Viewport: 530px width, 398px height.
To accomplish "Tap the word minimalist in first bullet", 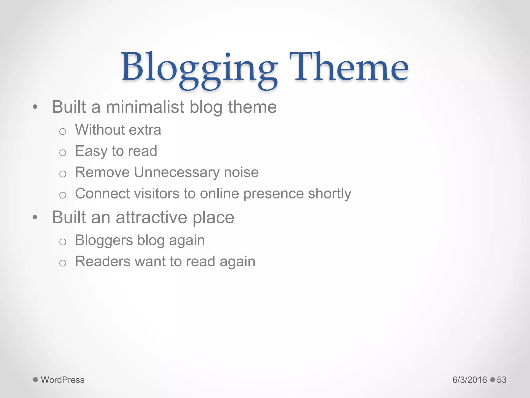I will pyautogui.click(x=145, y=107).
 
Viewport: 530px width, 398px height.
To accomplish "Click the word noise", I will pyautogui.click(x=241, y=173).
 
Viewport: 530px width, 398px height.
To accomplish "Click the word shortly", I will pyautogui.click(x=329, y=194).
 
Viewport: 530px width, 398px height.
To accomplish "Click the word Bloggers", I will pyautogui.click(x=104, y=240).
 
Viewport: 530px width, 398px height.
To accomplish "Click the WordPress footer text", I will pyautogui.click(x=63, y=380).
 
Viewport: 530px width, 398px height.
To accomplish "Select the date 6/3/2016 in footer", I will pyautogui.click(x=470, y=380).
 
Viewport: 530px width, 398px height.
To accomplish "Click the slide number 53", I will pyautogui.click(x=502, y=380).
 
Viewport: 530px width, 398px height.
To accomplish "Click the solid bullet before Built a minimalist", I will pyautogui.click(x=35, y=107).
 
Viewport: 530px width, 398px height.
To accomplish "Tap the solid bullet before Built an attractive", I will pyautogui.click(x=35, y=217).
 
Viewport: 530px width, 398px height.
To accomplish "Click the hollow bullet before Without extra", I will pyautogui.click(x=63, y=132).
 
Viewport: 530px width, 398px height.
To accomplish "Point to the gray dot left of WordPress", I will pyautogui.click(x=35, y=380).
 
